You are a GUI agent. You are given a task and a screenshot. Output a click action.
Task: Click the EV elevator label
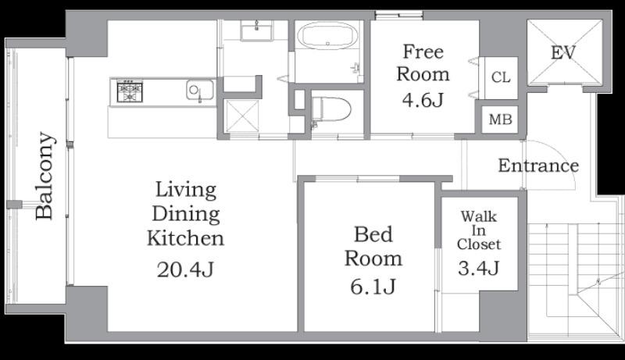pyautogui.click(x=563, y=52)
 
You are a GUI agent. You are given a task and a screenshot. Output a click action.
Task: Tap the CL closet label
pyautogui.click(x=501, y=77)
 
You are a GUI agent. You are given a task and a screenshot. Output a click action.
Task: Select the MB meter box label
pyautogui.click(x=500, y=119)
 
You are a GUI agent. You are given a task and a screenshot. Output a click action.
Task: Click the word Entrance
pyautogui.click(x=538, y=166)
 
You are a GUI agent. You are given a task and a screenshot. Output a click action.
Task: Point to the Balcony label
pyautogui.click(x=44, y=176)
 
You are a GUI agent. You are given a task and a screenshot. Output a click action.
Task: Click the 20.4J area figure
pyautogui.click(x=185, y=269)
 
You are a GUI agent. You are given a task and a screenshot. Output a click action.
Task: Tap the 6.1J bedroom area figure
pyautogui.click(x=373, y=286)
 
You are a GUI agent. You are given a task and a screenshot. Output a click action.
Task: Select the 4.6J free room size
pyautogui.click(x=423, y=99)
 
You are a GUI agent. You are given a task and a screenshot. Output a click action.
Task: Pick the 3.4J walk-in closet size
pyautogui.click(x=478, y=268)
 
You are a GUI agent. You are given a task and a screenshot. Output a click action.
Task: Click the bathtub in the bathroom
pyautogui.click(x=327, y=36)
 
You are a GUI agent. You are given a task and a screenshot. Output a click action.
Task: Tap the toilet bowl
pyautogui.click(x=331, y=109)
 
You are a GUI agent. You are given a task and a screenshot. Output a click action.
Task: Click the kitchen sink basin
pyautogui.click(x=200, y=90)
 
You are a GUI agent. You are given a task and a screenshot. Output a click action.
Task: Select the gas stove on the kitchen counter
pyautogui.click(x=130, y=91)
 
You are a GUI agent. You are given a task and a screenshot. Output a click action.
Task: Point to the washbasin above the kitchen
pyautogui.click(x=256, y=30)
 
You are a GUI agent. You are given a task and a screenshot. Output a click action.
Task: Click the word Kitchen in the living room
pyautogui.click(x=185, y=238)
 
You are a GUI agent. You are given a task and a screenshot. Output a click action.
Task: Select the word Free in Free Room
pyautogui.click(x=423, y=52)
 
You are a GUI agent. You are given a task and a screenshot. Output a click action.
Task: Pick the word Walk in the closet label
pyautogui.click(x=478, y=216)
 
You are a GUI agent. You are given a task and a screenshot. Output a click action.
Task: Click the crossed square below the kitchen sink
pyautogui.click(x=241, y=116)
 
